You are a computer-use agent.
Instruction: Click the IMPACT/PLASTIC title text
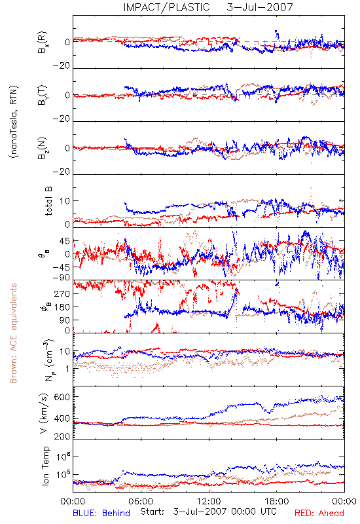(x=166, y=7)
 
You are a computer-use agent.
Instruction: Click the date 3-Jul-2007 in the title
(x=260, y=7)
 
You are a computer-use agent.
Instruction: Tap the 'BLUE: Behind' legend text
(x=101, y=513)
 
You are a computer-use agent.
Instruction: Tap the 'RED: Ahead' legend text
(x=319, y=513)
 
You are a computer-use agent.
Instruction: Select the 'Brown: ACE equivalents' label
(x=13, y=333)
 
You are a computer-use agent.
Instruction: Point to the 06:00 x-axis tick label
(x=141, y=501)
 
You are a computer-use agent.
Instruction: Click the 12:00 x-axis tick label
(x=209, y=501)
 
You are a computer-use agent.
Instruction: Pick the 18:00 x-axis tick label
(x=277, y=501)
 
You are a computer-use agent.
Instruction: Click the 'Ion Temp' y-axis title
(x=45, y=466)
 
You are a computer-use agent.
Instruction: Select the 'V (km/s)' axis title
(x=44, y=413)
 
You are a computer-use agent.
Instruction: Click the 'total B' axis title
(x=48, y=201)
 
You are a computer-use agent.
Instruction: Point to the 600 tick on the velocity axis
(x=62, y=397)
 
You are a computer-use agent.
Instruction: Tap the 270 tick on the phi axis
(x=62, y=293)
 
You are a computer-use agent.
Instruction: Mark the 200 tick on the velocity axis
(x=62, y=436)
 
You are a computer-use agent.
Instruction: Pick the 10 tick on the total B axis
(x=65, y=201)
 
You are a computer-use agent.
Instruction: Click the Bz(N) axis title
(x=43, y=148)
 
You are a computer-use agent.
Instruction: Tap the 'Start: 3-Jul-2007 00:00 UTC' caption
(x=208, y=512)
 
